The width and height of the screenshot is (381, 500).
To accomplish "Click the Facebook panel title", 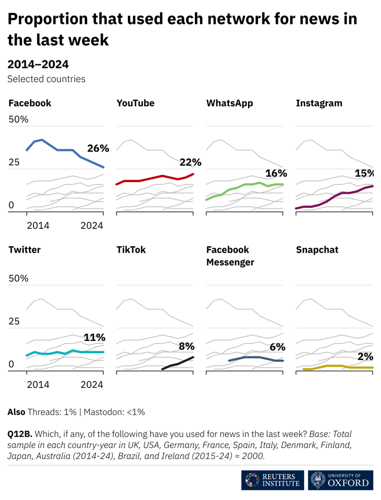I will (x=30, y=103).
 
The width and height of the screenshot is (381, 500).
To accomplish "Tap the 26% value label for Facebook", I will (x=98, y=148).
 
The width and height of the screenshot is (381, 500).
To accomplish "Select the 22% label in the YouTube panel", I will (x=190, y=163).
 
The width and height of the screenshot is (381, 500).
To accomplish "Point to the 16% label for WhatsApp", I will (x=276, y=173).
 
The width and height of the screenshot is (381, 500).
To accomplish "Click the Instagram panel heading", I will (x=319, y=103).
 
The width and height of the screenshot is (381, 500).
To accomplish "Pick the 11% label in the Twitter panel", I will (x=94, y=338).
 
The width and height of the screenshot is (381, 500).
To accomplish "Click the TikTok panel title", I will (x=131, y=250).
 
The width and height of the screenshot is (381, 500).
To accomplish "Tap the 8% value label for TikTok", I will (x=186, y=346).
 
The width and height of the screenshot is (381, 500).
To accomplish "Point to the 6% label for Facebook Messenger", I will (x=277, y=347).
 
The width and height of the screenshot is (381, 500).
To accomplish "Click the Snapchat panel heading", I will (x=317, y=250).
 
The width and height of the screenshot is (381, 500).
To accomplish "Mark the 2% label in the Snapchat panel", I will (x=366, y=357).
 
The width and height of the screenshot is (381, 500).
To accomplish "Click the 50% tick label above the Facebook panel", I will (x=18, y=120).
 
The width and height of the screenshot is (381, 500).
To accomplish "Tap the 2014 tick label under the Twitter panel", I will (x=38, y=384).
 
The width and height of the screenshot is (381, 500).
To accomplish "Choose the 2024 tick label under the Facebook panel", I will (x=92, y=225).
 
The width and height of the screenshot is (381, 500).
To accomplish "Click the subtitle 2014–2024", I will (x=38, y=64).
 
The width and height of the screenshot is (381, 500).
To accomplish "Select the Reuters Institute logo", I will (x=272, y=479).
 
